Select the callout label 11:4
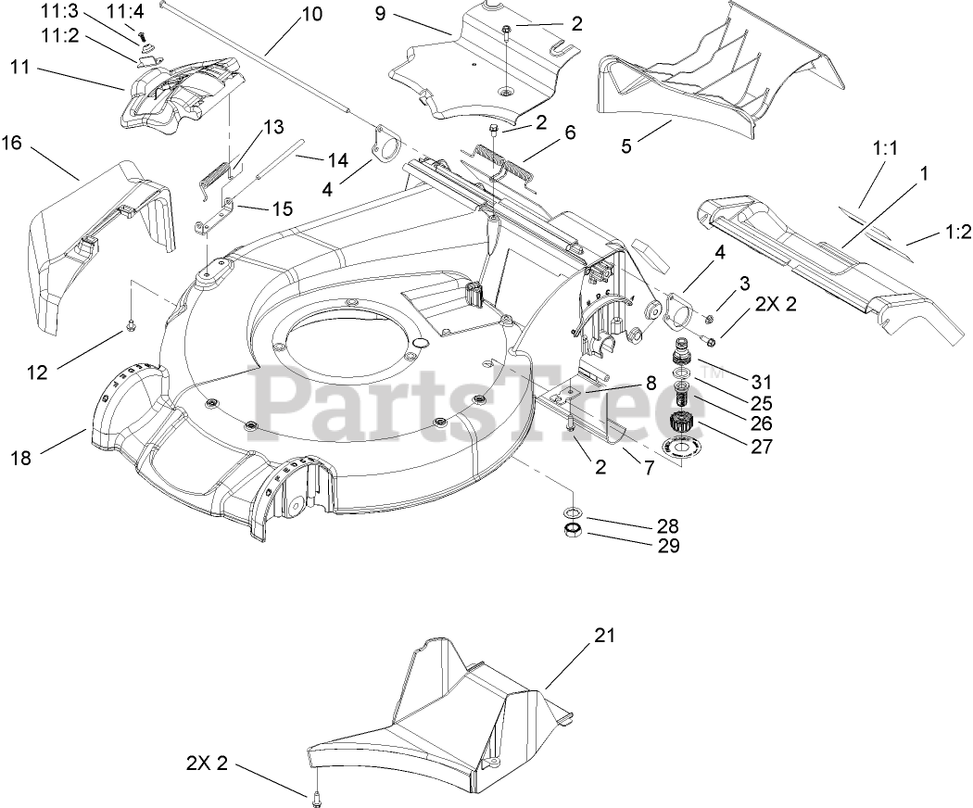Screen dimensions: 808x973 pos(125,12)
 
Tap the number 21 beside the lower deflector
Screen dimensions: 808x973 pos(604,636)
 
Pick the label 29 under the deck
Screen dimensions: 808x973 pos(667,546)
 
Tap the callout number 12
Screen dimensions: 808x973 pos(36,372)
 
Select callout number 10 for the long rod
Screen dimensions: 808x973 pos(312,15)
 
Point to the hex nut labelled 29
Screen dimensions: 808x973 pos(572,530)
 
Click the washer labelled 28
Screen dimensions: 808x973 pos(572,512)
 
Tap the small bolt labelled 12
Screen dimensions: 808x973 pos(131,325)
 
